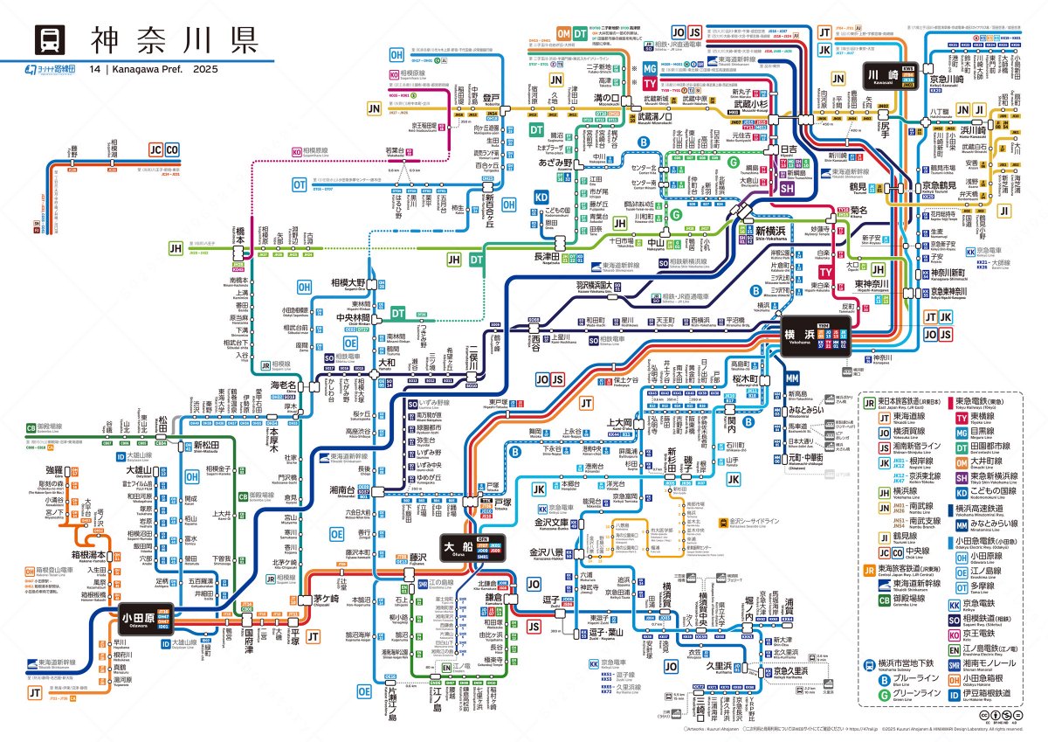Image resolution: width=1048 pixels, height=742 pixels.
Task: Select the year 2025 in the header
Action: [206, 69]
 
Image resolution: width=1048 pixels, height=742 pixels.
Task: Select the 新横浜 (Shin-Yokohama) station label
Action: [773, 231]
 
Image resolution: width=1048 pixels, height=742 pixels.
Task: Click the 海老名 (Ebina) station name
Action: [285, 385]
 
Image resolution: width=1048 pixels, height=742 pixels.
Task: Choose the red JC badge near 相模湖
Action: [156, 149]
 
